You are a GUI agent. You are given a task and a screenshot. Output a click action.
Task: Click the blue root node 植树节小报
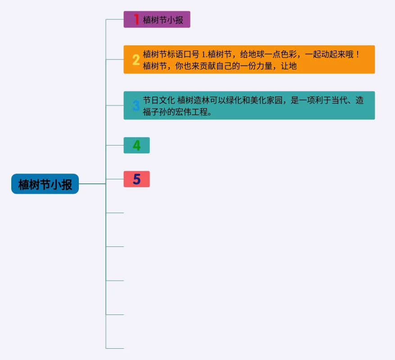pyautogui.click(x=45, y=184)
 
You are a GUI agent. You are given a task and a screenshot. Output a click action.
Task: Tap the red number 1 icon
pyautogui.click(x=136, y=19)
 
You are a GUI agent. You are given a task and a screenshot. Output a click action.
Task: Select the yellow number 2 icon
pyautogui.click(x=136, y=59)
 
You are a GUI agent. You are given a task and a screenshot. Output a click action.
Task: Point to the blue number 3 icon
pyautogui.click(x=136, y=106)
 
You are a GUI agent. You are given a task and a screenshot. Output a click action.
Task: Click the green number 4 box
pyautogui.click(x=136, y=146)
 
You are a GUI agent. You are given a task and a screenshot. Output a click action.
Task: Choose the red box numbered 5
pyautogui.click(x=136, y=179)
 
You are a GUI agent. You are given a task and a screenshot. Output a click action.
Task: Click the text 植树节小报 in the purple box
pyautogui.click(x=163, y=20)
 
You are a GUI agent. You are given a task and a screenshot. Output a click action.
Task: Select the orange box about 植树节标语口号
pyautogui.click(x=249, y=59)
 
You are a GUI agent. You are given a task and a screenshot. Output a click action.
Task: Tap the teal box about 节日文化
pyautogui.click(x=249, y=105)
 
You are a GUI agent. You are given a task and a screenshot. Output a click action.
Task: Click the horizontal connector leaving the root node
pyautogui.click(x=92, y=184)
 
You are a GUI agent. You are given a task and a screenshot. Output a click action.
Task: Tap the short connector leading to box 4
pyautogui.click(x=115, y=145)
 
